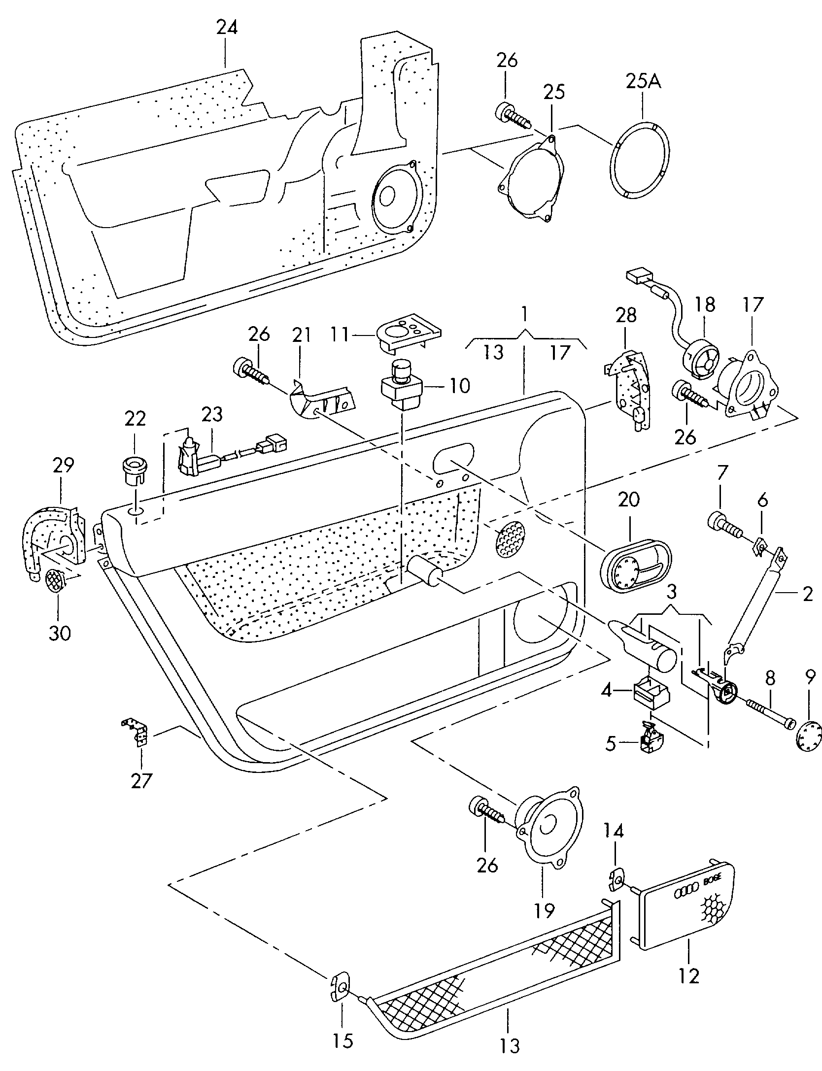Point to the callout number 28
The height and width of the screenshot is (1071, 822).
coord(626,315)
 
